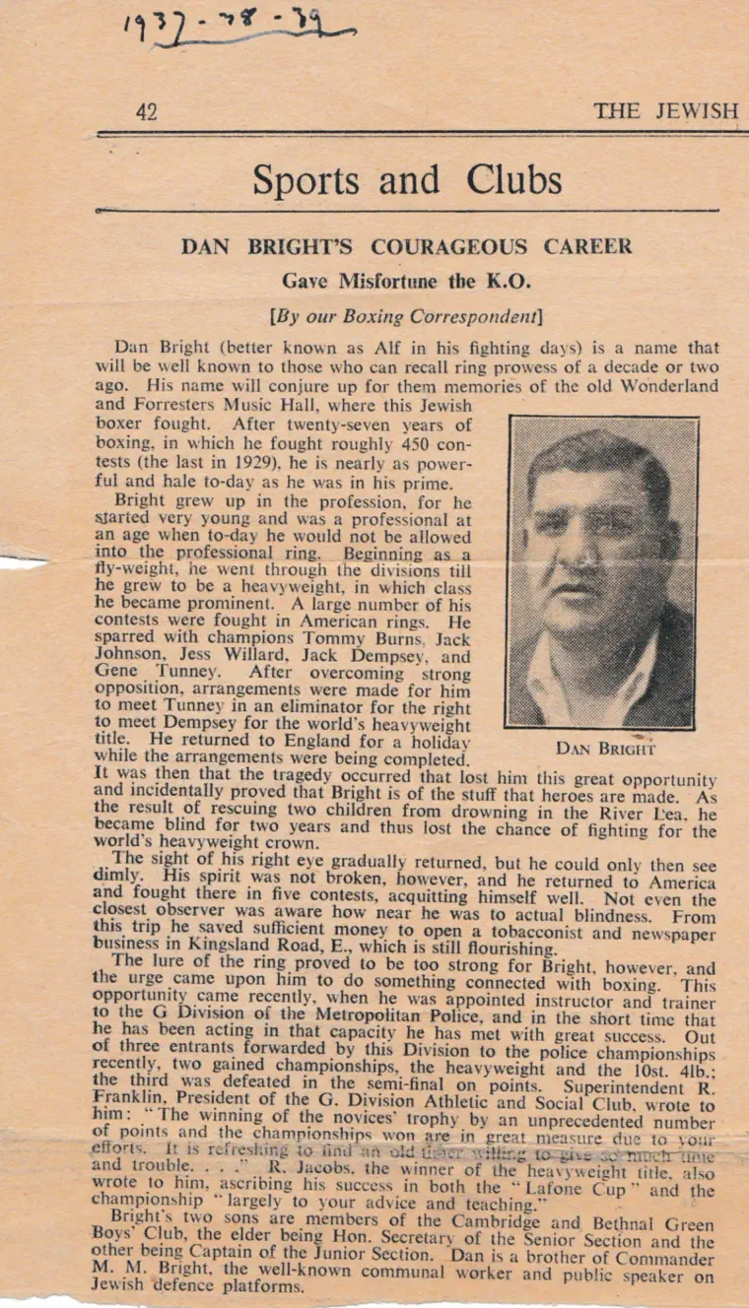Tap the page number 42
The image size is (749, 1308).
click(146, 112)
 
